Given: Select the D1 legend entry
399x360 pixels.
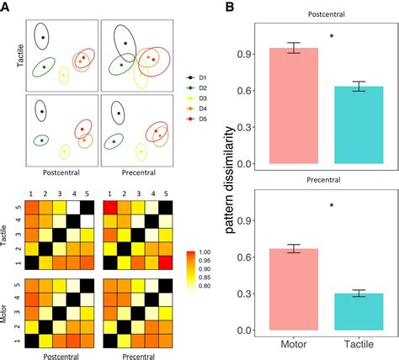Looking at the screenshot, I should point(199,77).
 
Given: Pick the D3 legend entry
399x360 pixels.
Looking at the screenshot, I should point(199,98).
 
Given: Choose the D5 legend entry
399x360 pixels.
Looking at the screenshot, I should point(199,119).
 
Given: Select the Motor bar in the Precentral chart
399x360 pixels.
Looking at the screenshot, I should point(294,290).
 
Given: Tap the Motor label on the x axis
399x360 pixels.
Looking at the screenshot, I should point(294,347).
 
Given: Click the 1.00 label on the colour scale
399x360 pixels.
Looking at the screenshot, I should point(205,251).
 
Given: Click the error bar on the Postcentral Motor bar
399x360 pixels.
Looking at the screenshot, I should point(294,48).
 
